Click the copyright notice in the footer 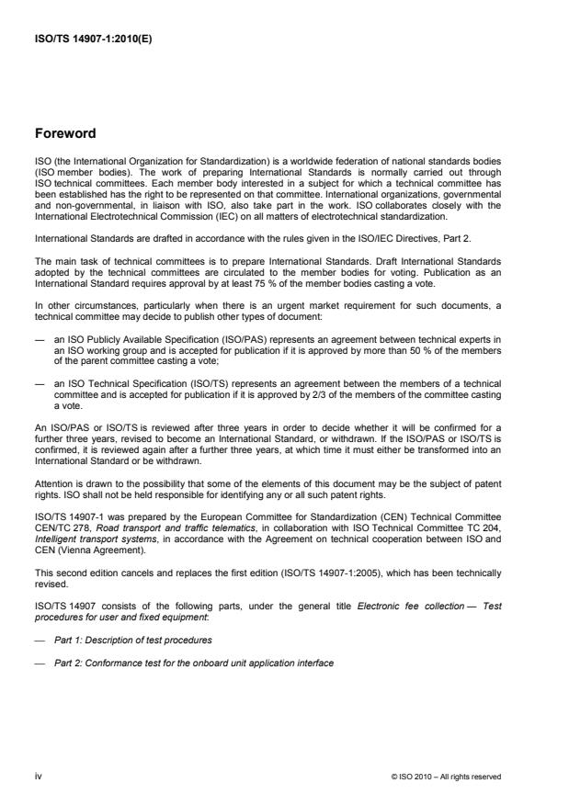446,776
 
